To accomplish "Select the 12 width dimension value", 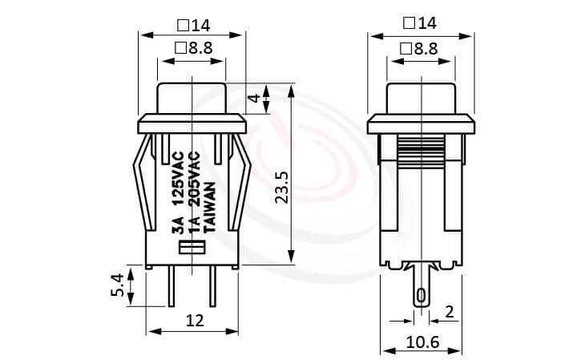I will [193, 321].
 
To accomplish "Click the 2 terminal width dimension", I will [450, 310].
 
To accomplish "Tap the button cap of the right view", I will [421, 96].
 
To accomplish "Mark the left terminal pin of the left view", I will [171, 286].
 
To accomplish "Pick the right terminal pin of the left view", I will [213, 286].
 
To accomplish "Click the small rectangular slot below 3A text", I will [192, 247].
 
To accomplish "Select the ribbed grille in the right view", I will [421, 149].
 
